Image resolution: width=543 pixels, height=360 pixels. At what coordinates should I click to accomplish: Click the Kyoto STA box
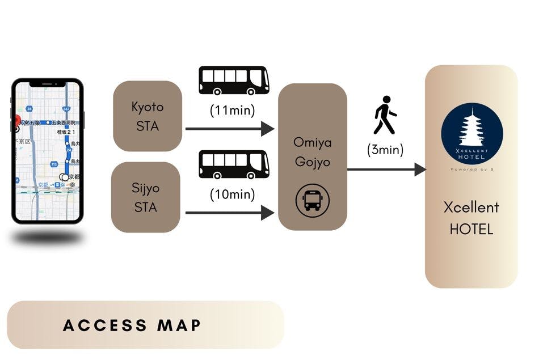tap(148, 116)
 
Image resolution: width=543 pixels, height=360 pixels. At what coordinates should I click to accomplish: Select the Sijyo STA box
tap(146, 197)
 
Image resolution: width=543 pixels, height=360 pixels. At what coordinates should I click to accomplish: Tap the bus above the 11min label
tap(234, 81)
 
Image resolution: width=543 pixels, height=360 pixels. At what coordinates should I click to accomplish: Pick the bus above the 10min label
tap(234, 164)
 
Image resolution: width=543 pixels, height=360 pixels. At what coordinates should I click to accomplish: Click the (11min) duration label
tap(233, 110)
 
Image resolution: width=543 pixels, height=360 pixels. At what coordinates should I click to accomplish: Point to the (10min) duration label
tap(233, 194)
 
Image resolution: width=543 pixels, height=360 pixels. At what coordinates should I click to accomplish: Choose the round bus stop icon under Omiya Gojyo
tap(312, 200)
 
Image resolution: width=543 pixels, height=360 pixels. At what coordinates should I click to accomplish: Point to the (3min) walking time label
tap(385, 150)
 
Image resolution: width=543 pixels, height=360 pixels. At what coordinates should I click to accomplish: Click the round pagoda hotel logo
tap(472, 134)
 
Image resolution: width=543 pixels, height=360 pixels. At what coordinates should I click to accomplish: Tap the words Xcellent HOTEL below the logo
tap(472, 218)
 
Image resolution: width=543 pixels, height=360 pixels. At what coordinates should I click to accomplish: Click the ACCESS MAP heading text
tap(132, 325)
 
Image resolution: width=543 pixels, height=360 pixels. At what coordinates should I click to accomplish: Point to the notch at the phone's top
tap(48, 83)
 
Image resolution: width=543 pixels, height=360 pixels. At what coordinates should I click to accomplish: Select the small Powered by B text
tap(472, 169)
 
